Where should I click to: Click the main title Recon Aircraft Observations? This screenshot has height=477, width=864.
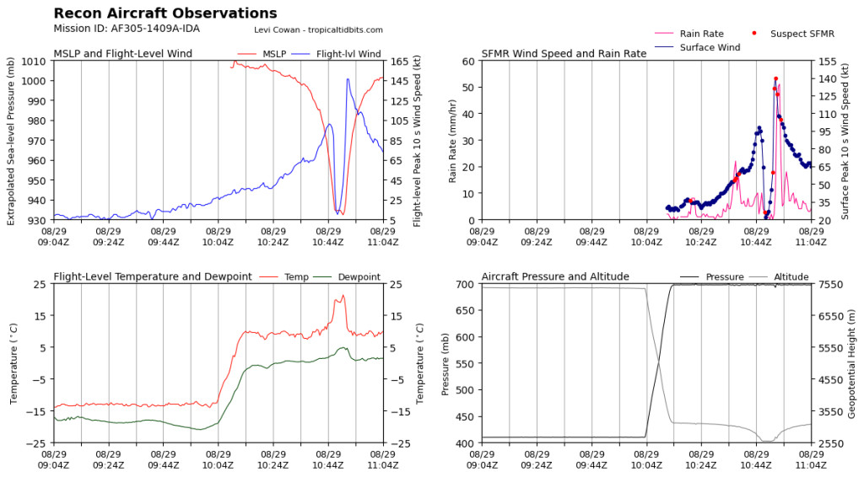coord(165,13)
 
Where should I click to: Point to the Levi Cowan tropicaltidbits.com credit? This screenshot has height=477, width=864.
coord(318,30)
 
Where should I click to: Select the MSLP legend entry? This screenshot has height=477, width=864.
coord(262,54)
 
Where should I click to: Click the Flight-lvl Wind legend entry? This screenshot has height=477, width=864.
coord(336,54)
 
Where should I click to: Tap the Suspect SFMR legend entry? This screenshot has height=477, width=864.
coord(793,34)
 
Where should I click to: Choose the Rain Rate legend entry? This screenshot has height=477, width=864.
coord(688,34)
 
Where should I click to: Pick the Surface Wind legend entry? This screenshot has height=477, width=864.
coord(697,48)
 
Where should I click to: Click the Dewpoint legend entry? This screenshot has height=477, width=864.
coord(347,277)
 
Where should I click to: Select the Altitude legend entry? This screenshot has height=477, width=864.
coord(779,277)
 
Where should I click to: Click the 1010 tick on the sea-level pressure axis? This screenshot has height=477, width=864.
coord(34,61)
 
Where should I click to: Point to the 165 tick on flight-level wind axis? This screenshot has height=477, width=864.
coord(398,61)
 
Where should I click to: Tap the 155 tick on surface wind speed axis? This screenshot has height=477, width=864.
coord(827,61)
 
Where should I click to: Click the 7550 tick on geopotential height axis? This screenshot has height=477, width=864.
coord(830,285)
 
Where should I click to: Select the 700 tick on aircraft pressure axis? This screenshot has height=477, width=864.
coord(466,285)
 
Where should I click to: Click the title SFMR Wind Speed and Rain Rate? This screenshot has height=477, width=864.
coord(564,54)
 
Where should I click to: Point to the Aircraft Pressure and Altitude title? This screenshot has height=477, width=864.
coord(555,276)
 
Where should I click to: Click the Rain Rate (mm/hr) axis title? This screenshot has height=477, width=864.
coord(452,142)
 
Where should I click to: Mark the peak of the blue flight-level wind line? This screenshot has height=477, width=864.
coord(348,79)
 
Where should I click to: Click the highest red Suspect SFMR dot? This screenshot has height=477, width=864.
coord(776,79)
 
